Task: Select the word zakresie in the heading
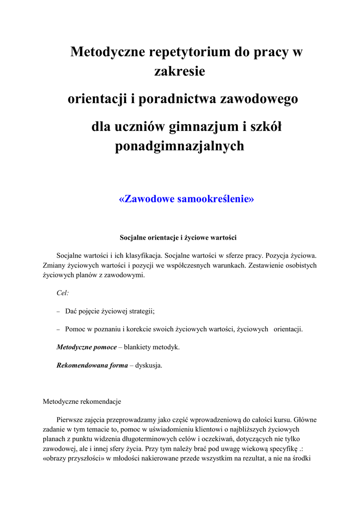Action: pyautogui.click(x=180, y=71)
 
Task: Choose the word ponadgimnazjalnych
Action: pyautogui.click(x=180, y=146)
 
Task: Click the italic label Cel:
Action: pyautogui.click(x=63, y=293)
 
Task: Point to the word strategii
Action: pyautogui.click(x=142, y=312)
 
